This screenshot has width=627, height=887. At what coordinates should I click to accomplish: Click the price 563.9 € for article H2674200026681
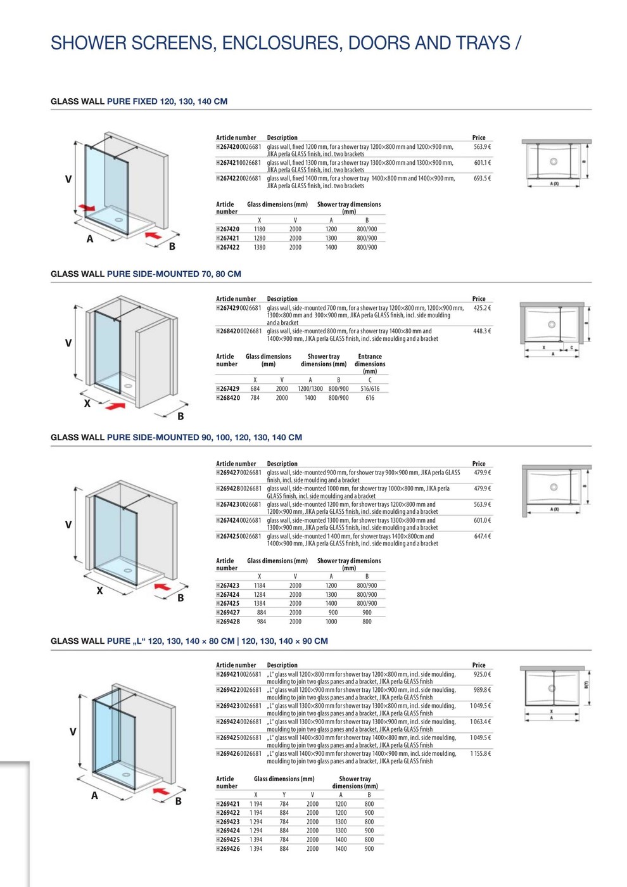pos(482,147)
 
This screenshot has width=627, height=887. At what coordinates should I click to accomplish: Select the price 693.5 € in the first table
pos(482,179)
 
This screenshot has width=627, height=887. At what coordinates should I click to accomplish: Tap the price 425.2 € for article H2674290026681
pos(482,309)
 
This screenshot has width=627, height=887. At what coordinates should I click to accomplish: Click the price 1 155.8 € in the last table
pos(480,754)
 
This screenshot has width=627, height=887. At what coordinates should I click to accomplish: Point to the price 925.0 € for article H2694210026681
pos(482,675)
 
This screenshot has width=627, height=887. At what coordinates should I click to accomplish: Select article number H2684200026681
pos(238,331)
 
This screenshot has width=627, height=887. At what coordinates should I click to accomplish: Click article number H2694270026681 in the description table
pos(238,473)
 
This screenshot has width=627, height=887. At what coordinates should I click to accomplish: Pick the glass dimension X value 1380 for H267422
pos(260,248)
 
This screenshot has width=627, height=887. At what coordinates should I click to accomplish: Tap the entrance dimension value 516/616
pos(370,389)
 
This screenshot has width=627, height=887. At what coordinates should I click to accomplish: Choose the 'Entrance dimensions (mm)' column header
pos(370,364)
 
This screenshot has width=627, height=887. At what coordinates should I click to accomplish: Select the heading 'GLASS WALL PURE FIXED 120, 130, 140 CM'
pos(139,101)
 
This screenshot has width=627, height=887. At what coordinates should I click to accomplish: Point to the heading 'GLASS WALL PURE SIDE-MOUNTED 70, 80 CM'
pos(146,274)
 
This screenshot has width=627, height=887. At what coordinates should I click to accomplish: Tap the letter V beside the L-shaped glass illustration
pos(73,732)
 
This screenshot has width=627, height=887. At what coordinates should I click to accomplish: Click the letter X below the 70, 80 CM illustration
pos(87,403)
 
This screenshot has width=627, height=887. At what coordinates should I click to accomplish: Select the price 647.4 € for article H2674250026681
pos(482,537)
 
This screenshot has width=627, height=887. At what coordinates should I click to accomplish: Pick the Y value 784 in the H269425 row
pos(284,839)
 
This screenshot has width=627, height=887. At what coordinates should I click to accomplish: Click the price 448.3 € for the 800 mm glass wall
pos(482,331)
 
